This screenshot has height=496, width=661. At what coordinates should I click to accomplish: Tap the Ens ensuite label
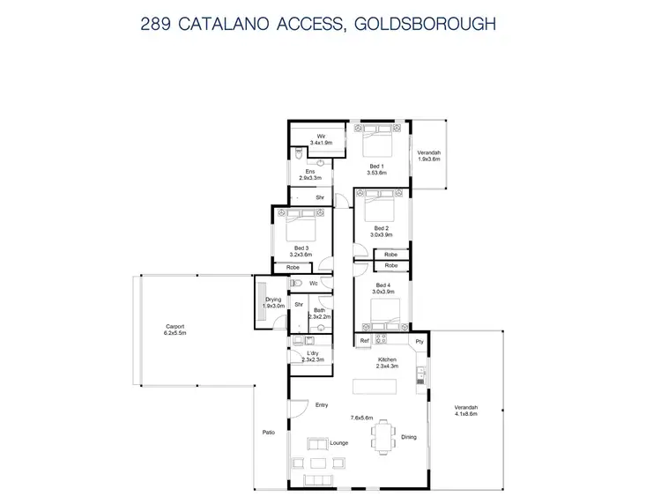[x=310, y=171]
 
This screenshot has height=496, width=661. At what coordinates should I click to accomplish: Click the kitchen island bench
[x=375, y=385]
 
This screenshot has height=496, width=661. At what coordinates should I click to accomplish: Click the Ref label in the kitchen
[x=363, y=340]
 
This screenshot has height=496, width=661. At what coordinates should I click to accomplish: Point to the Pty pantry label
[x=420, y=340]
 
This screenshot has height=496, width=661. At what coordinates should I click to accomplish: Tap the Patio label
[x=269, y=432]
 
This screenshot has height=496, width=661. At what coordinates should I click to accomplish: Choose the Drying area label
[x=273, y=300]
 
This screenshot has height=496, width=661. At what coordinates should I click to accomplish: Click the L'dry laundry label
[x=313, y=353]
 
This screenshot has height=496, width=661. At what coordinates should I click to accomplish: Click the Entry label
[x=323, y=405]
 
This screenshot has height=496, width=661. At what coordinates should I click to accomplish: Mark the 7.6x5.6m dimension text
[x=361, y=418]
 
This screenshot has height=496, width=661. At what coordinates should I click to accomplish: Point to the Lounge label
[x=338, y=442]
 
